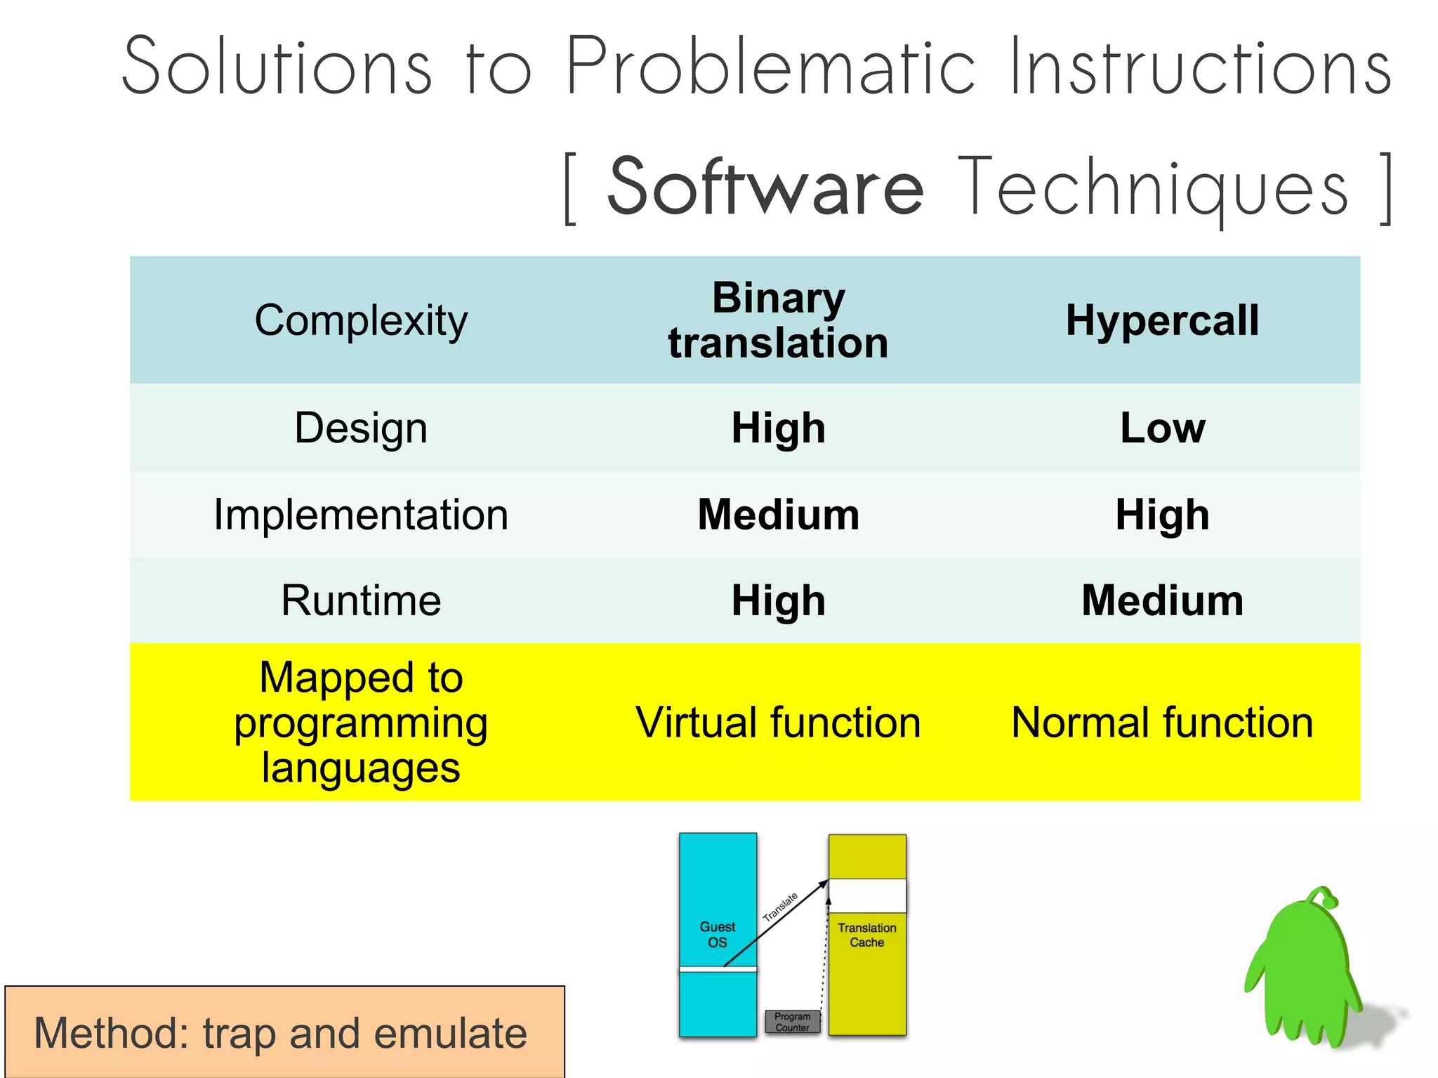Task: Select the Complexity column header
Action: [x=361, y=320]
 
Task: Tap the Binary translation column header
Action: [x=778, y=320]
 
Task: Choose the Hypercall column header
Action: [x=1162, y=320]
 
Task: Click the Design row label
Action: [x=361, y=428]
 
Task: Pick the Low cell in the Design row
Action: [x=1162, y=428]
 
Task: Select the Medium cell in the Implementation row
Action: [x=778, y=515]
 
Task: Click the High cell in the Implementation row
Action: [x=1162, y=515]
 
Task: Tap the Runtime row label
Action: [x=361, y=601]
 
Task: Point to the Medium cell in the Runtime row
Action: [x=1162, y=601]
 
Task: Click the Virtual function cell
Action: [x=778, y=723]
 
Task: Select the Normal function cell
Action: [x=1162, y=723]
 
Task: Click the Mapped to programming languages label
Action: [x=361, y=723]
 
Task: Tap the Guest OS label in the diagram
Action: [x=717, y=935]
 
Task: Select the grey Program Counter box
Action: [x=792, y=1022]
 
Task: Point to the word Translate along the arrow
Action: [x=780, y=907]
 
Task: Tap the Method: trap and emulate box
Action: [x=284, y=1032]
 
